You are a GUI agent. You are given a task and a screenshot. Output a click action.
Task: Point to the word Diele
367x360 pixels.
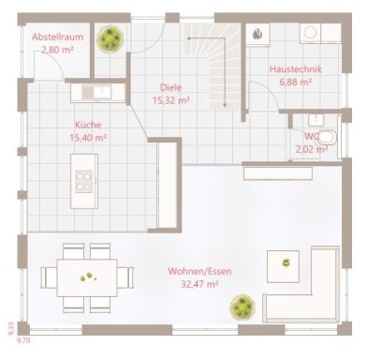170,84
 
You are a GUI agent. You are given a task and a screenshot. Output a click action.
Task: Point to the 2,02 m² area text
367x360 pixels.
311,149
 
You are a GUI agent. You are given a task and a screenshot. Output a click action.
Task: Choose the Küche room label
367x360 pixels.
88,124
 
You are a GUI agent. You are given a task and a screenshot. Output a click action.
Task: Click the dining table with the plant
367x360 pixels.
87,276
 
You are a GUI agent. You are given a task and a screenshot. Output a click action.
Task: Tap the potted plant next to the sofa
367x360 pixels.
242,307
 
